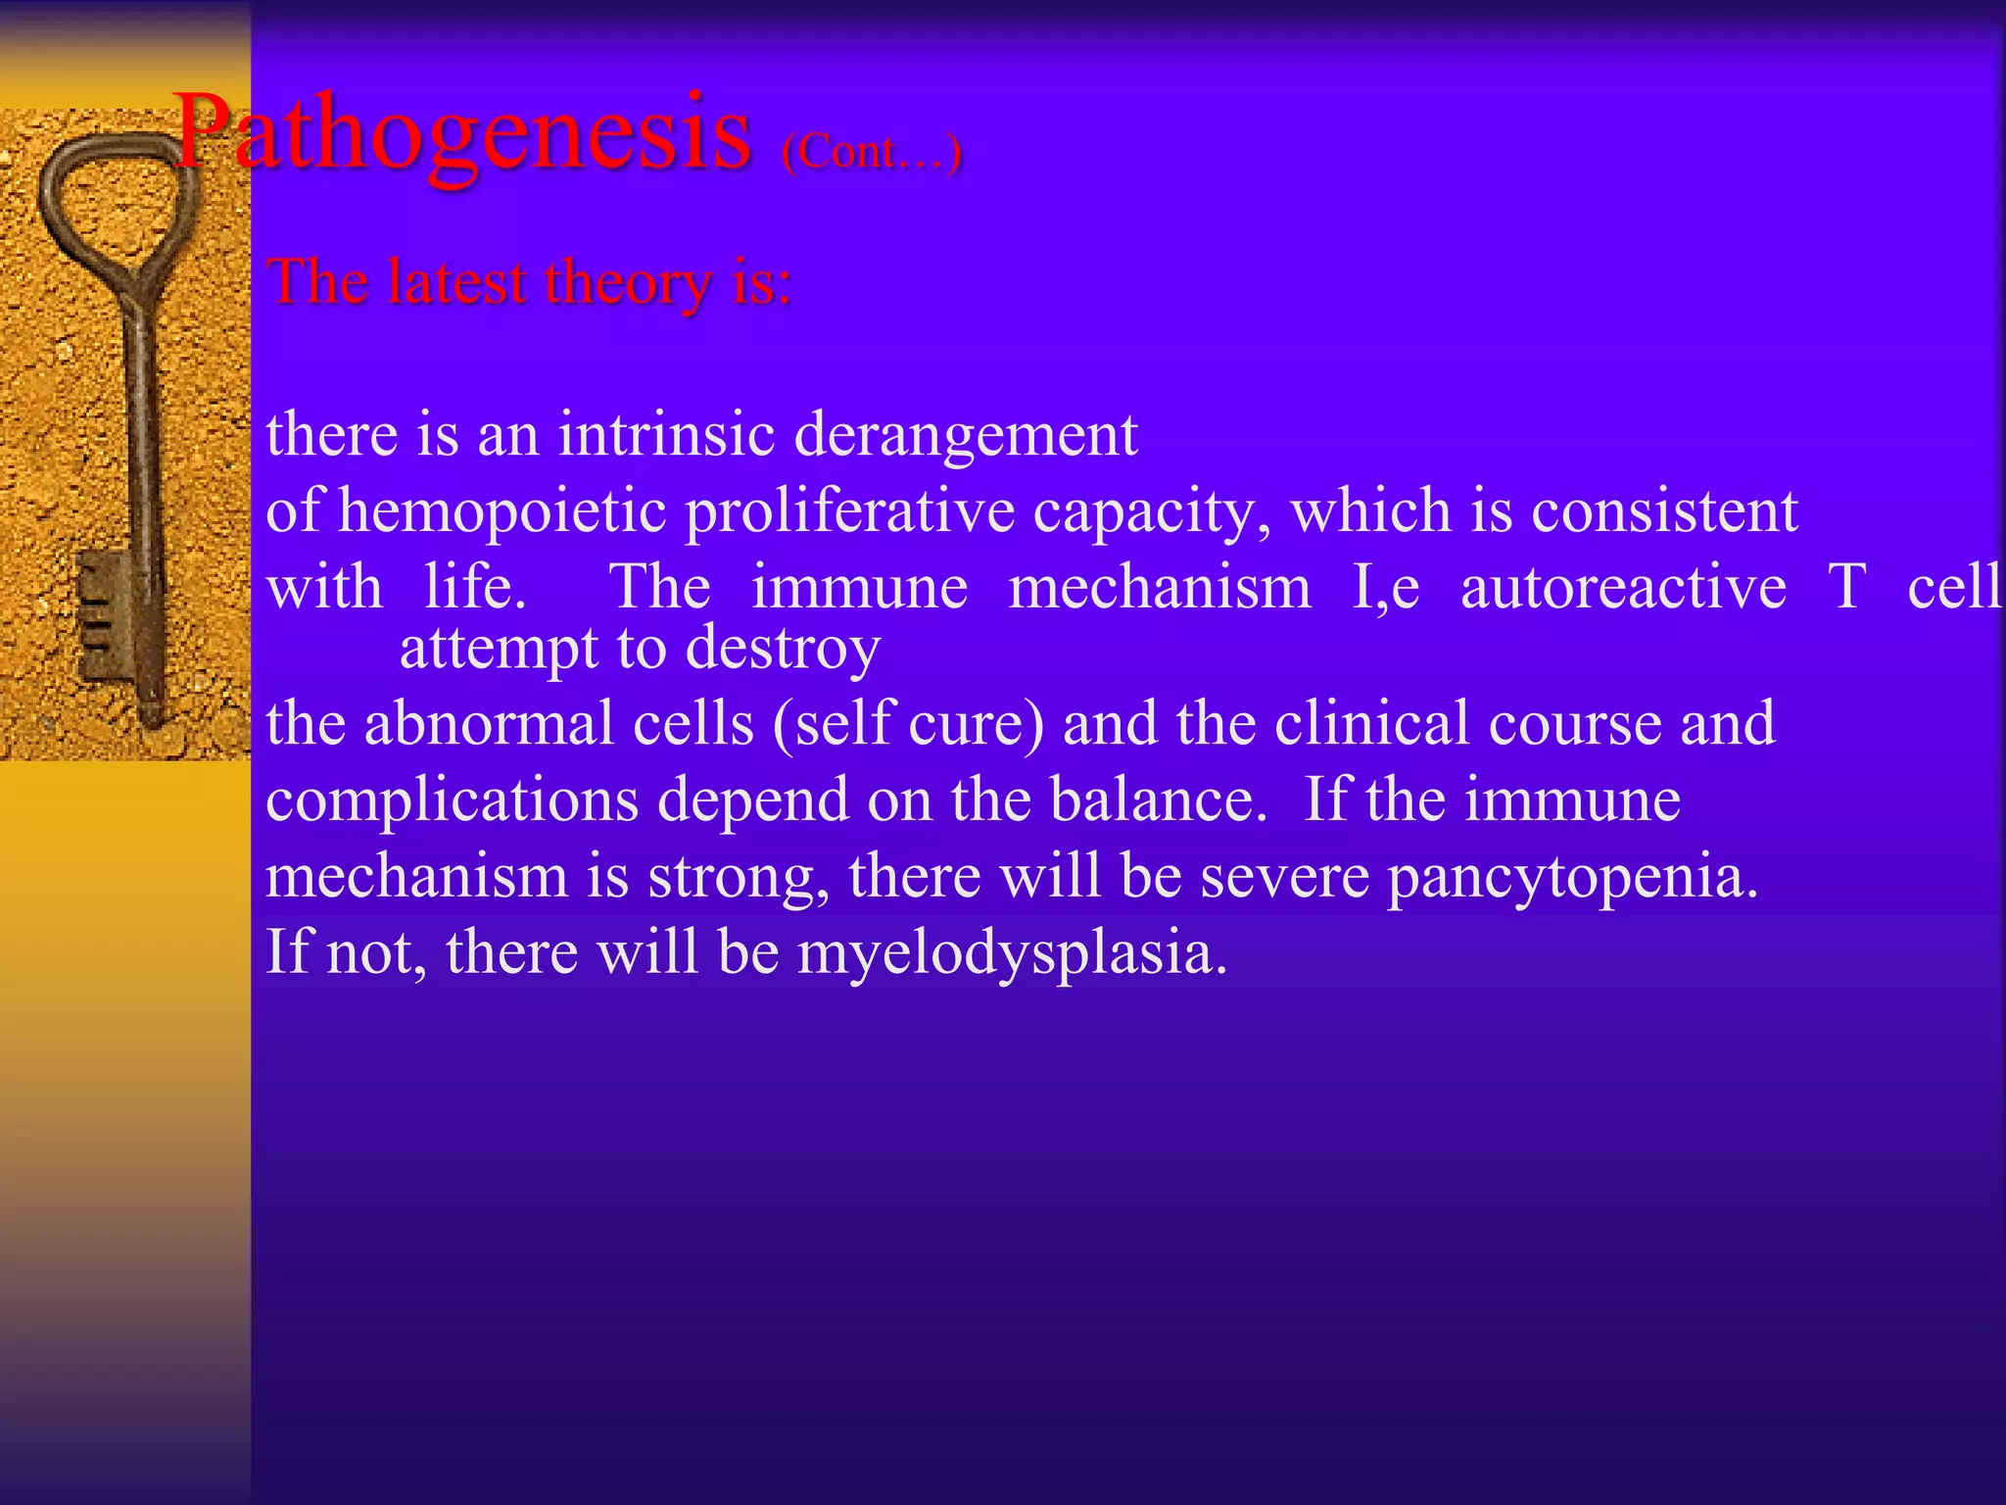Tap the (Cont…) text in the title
[x=871, y=152]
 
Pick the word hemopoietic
[x=502, y=511]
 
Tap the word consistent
[x=1664, y=510]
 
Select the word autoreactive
[x=1623, y=587]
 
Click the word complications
[x=452, y=801]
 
